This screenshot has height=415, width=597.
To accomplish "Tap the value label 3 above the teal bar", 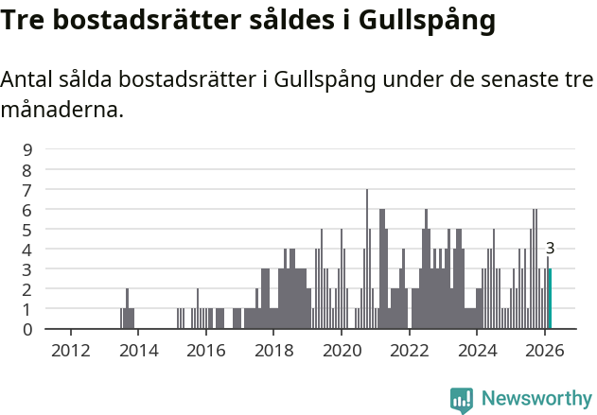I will (x=550, y=249).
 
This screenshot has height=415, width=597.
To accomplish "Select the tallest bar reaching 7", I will (x=367, y=259).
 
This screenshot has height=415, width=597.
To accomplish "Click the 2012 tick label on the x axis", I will (x=70, y=350).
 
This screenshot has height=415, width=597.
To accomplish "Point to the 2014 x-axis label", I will (x=138, y=350).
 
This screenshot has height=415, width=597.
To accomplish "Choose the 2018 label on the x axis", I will (x=273, y=350).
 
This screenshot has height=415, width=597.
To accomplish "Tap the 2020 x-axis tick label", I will (x=342, y=350).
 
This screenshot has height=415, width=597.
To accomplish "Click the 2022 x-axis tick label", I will (x=410, y=350).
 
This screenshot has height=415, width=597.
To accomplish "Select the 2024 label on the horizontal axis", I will (x=477, y=350).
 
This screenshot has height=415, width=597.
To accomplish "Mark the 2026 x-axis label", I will (x=545, y=350).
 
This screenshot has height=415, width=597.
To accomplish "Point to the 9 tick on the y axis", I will (x=28, y=149).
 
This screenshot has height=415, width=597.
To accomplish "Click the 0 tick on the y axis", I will (x=28, y=329).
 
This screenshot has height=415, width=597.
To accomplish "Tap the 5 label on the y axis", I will (x=28, y=230).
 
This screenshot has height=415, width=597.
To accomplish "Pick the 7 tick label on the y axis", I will (x=28, y=189).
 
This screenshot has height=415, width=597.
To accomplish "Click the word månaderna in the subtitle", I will (x=62, y=110).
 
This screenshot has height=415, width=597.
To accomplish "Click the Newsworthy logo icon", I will (x=463, y=399).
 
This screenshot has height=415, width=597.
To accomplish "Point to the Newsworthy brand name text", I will (x=536, y=399).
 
